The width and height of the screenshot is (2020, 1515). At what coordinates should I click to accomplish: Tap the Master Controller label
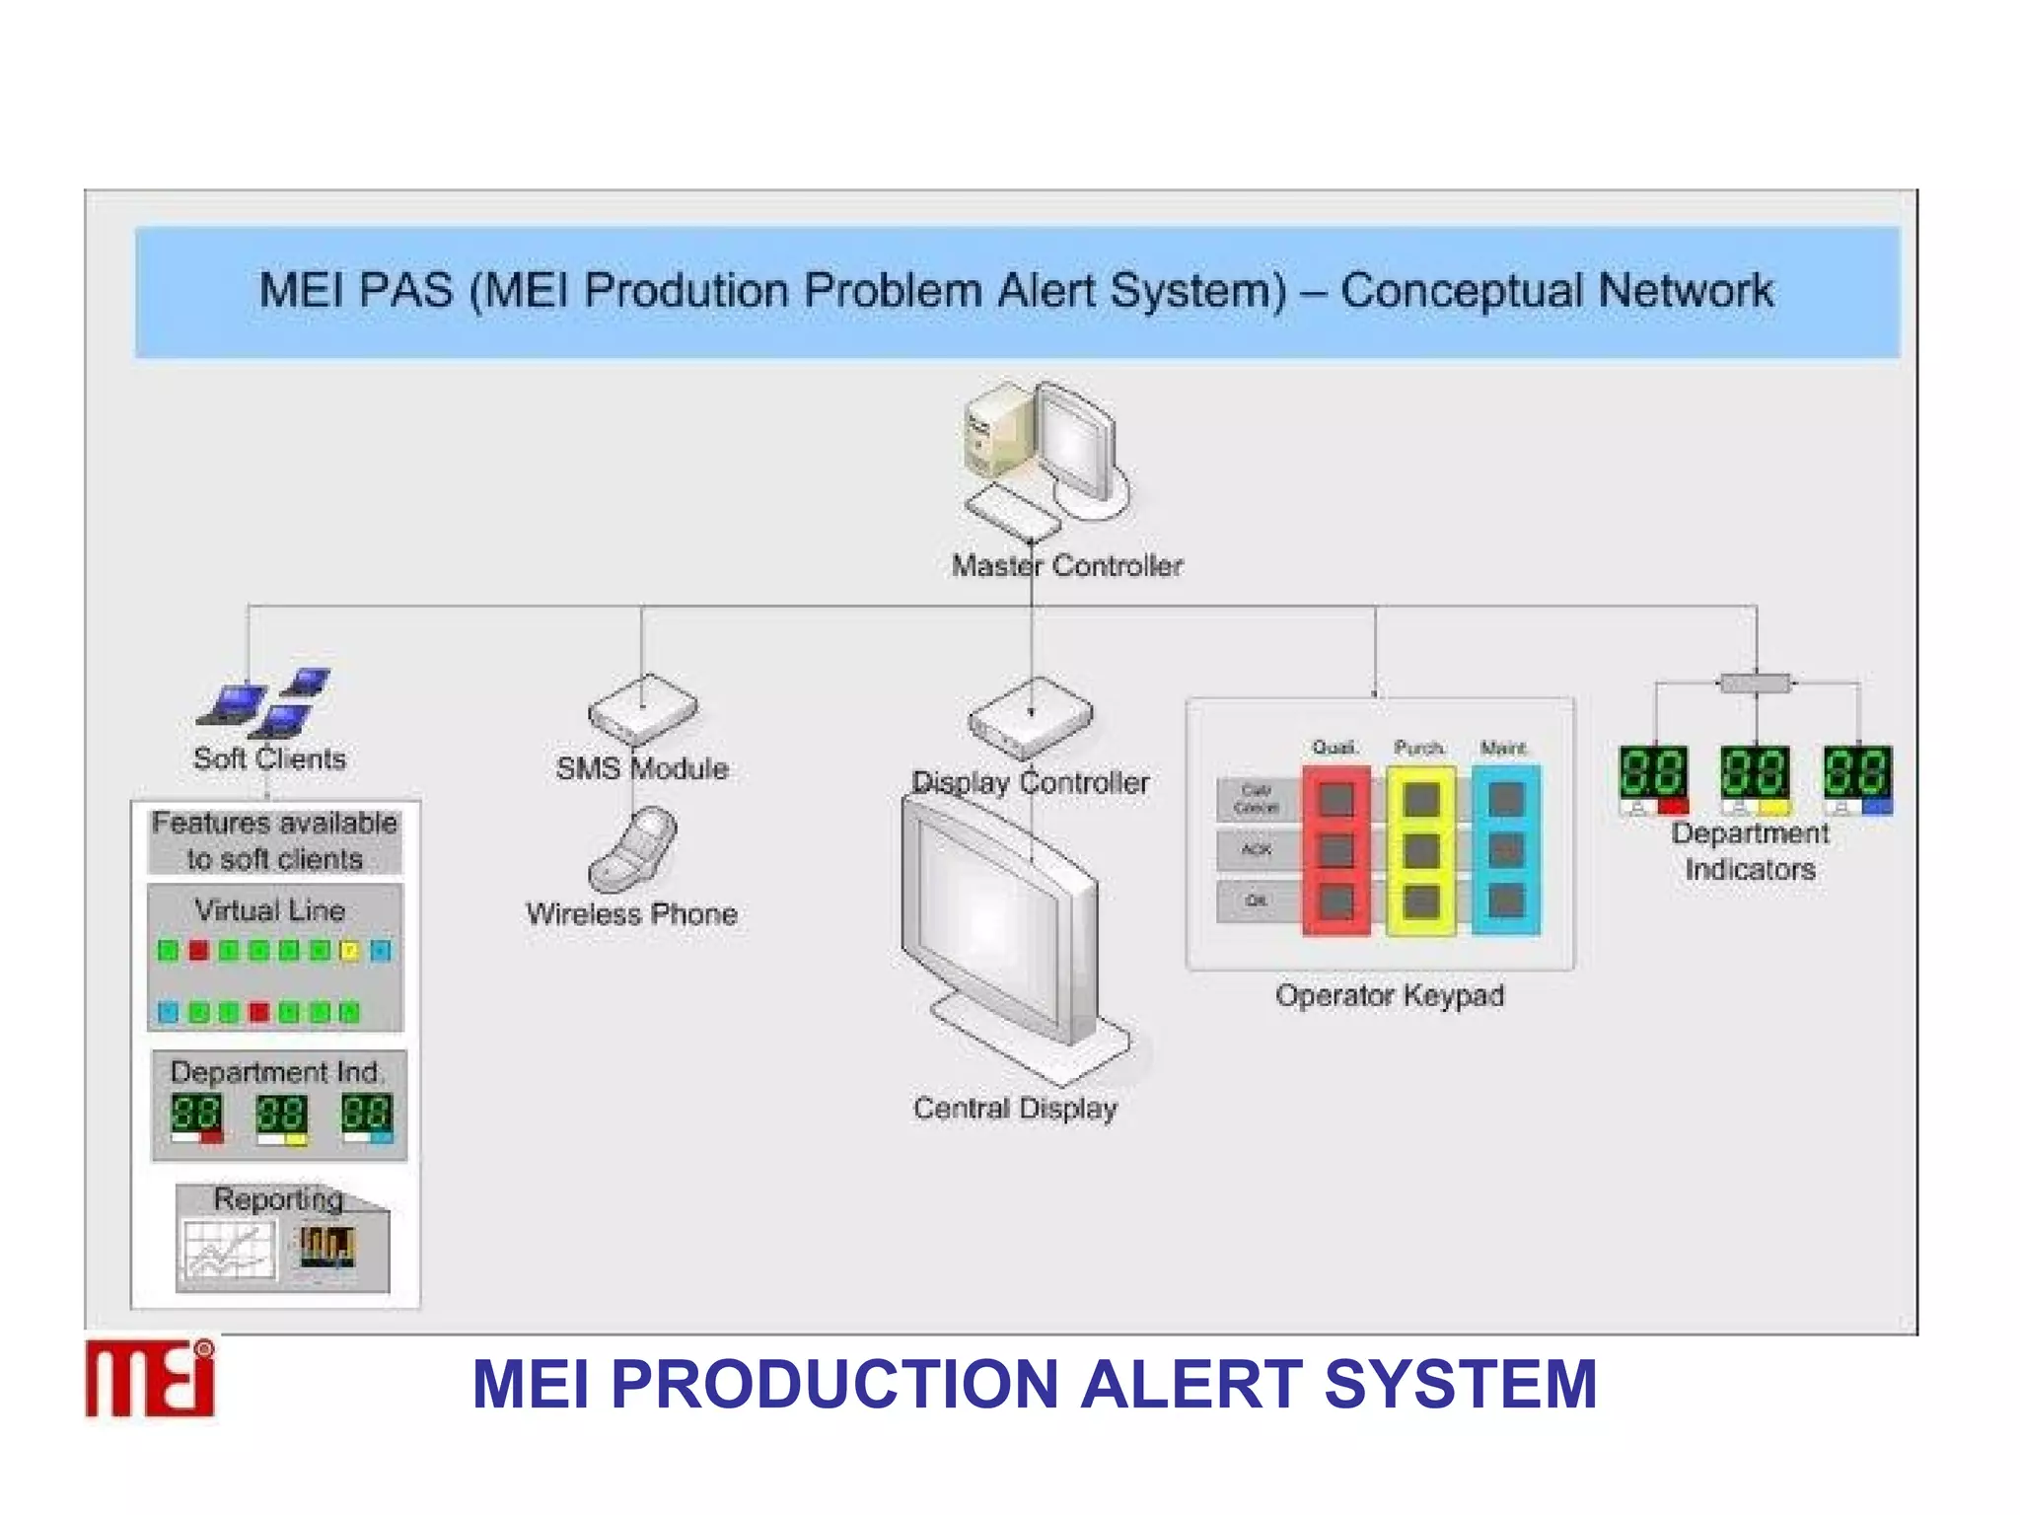tap(1066, 566)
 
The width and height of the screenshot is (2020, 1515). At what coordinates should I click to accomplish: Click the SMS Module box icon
tap(643, 710)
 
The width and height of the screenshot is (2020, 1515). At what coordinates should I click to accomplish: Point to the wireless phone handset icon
tap(633, 848)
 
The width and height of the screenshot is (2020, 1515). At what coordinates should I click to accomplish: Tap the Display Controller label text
tap(1030, 783)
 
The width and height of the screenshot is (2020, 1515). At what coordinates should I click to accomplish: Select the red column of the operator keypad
tap(1336, 850)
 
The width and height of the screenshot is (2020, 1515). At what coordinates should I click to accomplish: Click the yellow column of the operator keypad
tap(1421, 850)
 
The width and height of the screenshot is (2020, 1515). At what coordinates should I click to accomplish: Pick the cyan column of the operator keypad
tap(1506, 850)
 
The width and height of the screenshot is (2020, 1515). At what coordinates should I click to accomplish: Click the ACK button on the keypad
tap(1256, 849)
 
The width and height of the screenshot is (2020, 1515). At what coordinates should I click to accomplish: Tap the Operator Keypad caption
tap(1389, 995)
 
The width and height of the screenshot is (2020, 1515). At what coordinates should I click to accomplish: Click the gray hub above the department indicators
tap(1755, 683)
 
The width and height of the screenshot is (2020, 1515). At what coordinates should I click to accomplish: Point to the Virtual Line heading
tap(269, 910)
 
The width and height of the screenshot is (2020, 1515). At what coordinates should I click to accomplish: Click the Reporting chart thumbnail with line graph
tap(229, 1251)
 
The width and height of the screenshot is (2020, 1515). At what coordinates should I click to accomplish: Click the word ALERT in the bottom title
tap(1191, 1384)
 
